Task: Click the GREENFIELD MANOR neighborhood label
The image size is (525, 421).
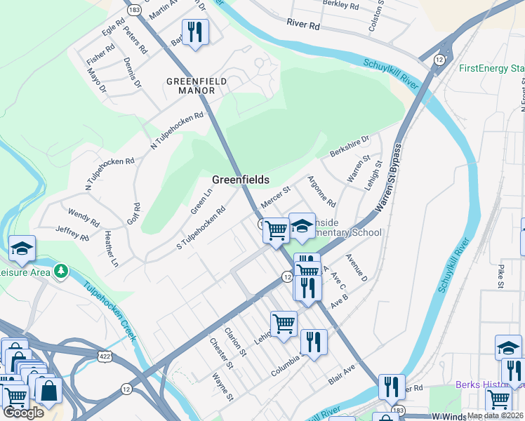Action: click(196, 86)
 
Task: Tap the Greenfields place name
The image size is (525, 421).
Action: click(241, 180)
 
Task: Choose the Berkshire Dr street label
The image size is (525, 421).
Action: click(349, 147)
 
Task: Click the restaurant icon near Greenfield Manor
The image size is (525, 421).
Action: click(194, 32)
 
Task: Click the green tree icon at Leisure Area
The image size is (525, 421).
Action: click(62, 270)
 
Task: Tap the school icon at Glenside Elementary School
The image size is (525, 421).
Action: click(302, 226)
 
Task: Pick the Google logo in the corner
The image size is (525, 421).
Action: click(23, 413)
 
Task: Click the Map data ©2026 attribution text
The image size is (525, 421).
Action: click(495, 415)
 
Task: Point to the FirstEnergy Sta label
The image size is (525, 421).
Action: click(491, 69)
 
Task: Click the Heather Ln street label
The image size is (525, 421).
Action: click(110, 249)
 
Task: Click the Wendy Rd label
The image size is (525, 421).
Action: click(84, 217)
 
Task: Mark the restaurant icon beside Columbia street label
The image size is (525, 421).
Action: click(314, 342)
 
